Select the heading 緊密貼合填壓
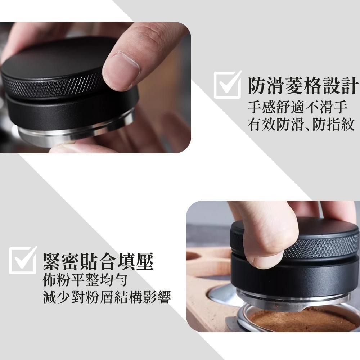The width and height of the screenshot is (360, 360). (x=98, y=261)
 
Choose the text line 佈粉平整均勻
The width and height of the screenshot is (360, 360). (x=85, y=280)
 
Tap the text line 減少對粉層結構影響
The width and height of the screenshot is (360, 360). (x=106, y=297)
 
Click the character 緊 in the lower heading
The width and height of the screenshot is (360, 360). (x=51, y=261)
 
